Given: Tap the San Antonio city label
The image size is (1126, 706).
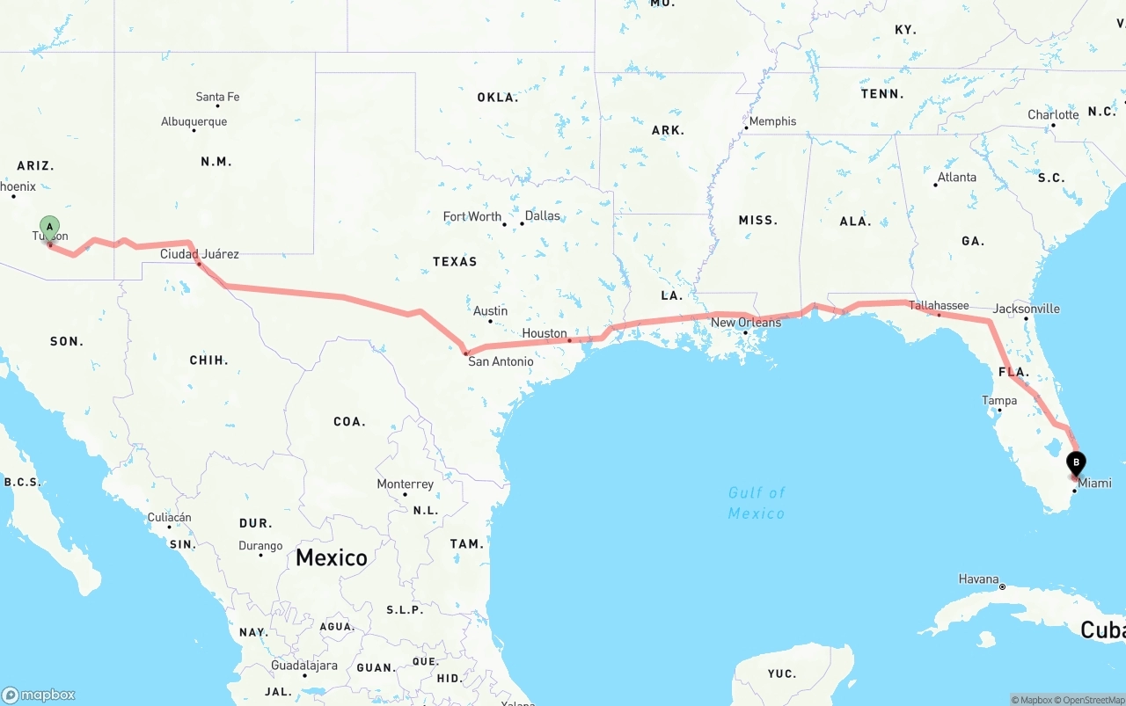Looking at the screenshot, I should click(500, 361).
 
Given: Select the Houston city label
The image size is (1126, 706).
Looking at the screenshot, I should click(545, 333).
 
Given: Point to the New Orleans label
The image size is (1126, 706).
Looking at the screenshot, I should click(746, 323).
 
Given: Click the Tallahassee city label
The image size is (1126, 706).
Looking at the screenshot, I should click(939, 306).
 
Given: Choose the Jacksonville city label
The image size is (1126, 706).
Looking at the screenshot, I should click(1026, 309).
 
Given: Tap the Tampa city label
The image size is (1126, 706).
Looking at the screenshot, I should click(999, 401).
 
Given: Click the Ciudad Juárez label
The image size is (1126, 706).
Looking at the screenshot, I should click(199, 254).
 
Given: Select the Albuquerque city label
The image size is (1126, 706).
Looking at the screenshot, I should click(194, 122).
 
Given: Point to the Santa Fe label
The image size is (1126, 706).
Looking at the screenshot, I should click(217, 97).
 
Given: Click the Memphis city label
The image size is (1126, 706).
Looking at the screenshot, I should click(772, 121).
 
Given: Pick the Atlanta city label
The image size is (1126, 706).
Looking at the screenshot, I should click(956, 178).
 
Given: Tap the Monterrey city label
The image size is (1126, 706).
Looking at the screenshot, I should click(405, 484).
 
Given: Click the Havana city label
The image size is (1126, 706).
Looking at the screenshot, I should click(978, 579).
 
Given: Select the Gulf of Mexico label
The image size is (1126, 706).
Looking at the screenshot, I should click(757, 503).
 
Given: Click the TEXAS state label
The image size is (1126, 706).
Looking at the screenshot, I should click(455, 261).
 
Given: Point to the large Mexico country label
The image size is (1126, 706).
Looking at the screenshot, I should click(332, 557).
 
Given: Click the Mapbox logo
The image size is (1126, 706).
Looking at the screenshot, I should click(39, 695).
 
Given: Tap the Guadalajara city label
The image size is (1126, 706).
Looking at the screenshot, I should click(303, 666).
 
